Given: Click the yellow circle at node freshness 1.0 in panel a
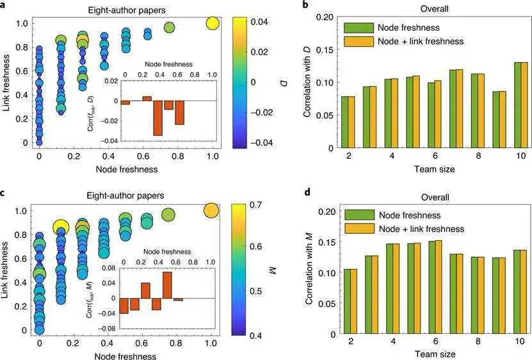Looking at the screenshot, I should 212,24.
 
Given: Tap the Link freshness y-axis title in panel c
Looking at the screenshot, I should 8,268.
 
